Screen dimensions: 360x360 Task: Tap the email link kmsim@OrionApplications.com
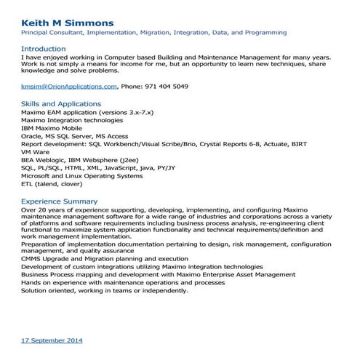pos(68,86)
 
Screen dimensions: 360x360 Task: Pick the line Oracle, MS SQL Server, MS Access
pos(75,136)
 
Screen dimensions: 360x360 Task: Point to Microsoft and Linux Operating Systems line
pos(82,175)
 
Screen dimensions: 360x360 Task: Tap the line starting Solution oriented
pos(105,290)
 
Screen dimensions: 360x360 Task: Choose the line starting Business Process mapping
pos(137,274)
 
